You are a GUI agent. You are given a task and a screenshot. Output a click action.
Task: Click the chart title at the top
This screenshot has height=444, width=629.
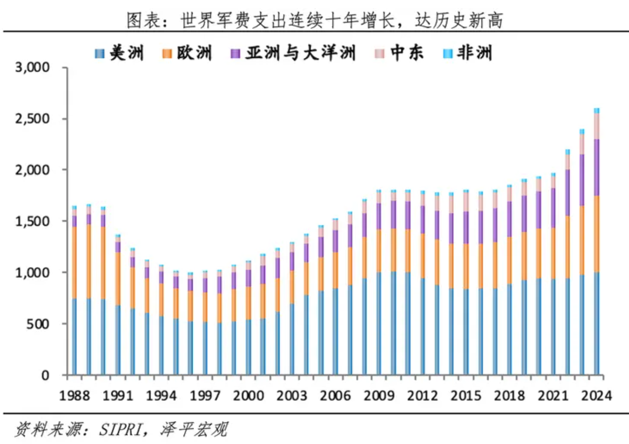click(x=314, y=20)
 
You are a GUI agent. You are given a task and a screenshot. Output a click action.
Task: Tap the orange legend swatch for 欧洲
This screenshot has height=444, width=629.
click(x=166, y=54)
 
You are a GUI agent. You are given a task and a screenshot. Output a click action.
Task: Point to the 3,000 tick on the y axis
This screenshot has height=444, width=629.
click(x=32, y=68)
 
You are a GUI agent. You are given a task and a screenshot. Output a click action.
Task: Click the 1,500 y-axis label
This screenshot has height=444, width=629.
click(x=32, y=222)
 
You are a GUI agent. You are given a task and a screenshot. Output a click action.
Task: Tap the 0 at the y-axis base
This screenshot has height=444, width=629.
click(x=45, y=376)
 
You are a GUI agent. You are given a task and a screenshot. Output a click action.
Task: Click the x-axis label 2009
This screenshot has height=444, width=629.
click(x=379, y=396)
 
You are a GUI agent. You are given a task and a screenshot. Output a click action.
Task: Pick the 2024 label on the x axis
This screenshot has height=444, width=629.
click(x=596, y=396)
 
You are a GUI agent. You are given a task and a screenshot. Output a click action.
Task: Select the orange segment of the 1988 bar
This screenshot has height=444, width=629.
click(x=74, y=262)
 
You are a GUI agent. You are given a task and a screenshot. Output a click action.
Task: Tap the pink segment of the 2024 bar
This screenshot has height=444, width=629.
click(x=596, y=126)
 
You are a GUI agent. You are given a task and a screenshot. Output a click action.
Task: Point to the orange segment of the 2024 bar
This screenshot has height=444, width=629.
click(x=596, y=234)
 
